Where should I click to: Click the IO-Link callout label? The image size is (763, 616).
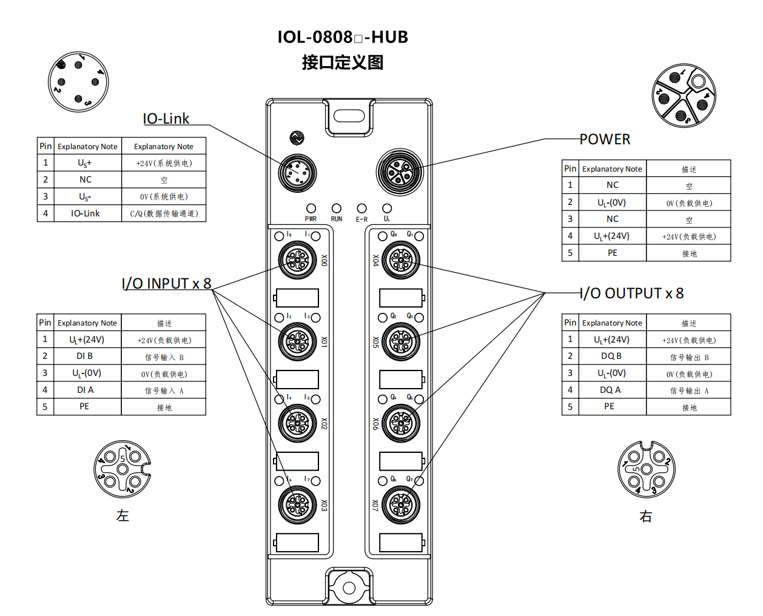click(x=166, y=119)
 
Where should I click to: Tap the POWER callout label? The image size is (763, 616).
click(x=605, y=139)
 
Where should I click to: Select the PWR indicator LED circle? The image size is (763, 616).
click(x=311, y=209)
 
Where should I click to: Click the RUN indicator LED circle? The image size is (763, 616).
click(x=337, y=209)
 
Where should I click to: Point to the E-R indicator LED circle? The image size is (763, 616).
click(x=362, y=209)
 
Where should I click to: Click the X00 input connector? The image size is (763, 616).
click(x=297, y=260)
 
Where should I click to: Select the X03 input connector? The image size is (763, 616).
click(x=297, y=504)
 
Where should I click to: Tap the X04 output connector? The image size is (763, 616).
click(x=401, y=260)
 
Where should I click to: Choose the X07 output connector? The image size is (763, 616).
click(x=401, y=504)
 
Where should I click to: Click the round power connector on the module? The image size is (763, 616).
click(x=399, y=172)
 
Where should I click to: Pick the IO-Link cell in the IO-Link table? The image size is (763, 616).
click(x=86, y=213)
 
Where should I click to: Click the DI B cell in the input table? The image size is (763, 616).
click(x=85, y=356)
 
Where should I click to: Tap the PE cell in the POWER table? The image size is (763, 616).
click(x=613, y=253)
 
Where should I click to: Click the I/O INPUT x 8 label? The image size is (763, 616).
click(x=166, y=284)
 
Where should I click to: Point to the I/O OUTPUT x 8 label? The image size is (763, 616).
click(x=632, y=293)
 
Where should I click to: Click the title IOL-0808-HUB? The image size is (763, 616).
click(x=343, y=37)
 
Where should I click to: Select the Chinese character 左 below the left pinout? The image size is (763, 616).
click(x=123, y=516)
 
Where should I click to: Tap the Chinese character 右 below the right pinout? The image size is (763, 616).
click(x=646, y=517)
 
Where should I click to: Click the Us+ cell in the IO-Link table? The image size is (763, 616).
click(x=85, y=163)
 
